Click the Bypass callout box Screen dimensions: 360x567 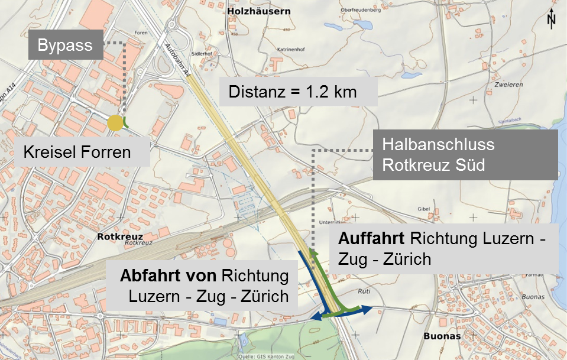[x=66, y=46]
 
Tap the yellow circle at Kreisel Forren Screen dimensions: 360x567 [x=115, y=124]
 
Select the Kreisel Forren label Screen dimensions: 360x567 [x=77, y=153]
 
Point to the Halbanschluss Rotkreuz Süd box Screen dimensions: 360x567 [x=465, y=154]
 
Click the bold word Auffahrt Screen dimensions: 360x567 [x=370, y=240]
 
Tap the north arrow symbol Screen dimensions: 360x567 [x=552, y=19]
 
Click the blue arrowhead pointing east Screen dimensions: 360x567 [x=367, y=309]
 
